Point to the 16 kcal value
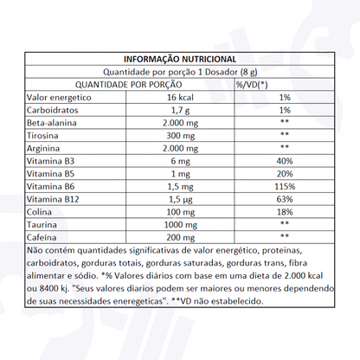pyautogui.click(x=180, y=99)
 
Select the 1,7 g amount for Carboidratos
pyautogui.click(x=180, y=112)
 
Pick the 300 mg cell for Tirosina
pyautogui.click(x=180, y=139)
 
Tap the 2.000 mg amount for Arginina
pyautogui.click(x=180, y=152)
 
